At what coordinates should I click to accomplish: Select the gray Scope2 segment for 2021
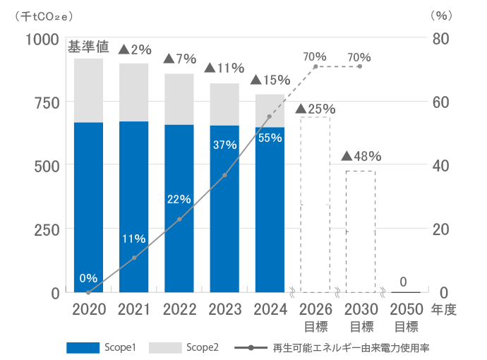(134, 92)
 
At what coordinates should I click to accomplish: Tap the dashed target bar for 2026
(315, 204)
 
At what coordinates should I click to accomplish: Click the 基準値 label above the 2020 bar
(88, 48)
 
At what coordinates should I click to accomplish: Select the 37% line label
(224, 145)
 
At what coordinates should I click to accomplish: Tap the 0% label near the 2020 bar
(88, 277)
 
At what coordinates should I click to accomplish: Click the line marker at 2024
(269, 116)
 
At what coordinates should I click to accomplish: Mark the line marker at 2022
(179, 220)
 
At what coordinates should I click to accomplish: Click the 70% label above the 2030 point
(359, 56)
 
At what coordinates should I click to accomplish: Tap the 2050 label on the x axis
(406, 309)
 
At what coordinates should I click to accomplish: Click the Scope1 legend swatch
(84, 347)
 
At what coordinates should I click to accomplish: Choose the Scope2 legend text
(203, 347)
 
